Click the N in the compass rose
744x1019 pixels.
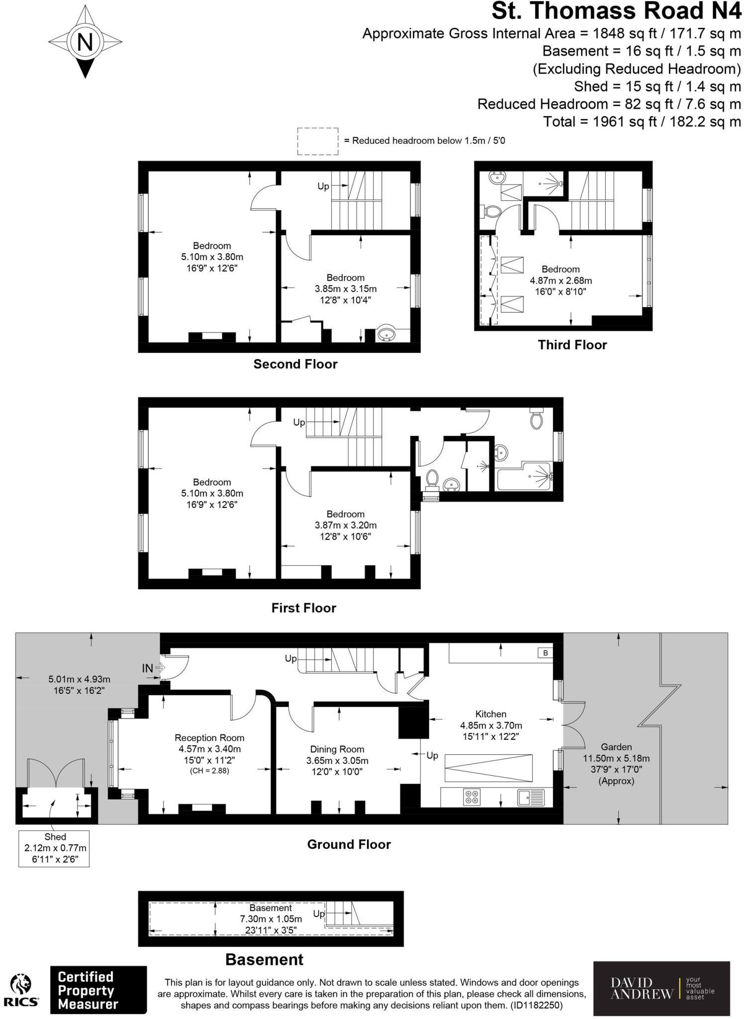click(85, 41)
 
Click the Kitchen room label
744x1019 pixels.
click(490, 714)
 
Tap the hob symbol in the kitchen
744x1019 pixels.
click(472, 797)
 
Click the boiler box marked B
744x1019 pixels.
click(546, 653)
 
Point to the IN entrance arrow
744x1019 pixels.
click(160, 668)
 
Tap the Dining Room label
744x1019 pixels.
click(337, 749)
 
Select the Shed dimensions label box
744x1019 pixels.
click(54, 848)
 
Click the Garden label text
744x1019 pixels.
click(616, 747)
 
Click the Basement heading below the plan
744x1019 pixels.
click(264, 959)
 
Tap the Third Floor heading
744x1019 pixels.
click(572, 345)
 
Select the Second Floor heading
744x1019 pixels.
click(295, 364)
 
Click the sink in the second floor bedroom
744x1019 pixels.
click(385, 334)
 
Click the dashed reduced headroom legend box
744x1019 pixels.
click(317, 141)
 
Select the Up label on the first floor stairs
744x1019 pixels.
click(299, 422)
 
